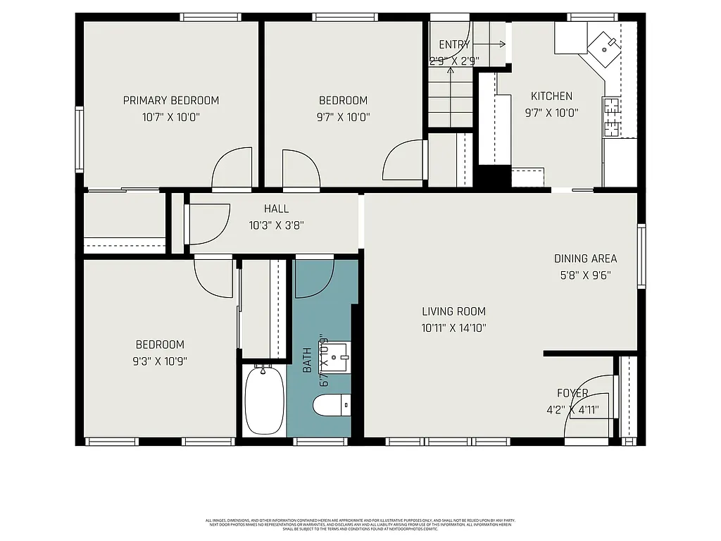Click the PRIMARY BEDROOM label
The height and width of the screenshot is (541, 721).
tap(171, 101)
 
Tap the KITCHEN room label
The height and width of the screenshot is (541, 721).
tap(551, 97)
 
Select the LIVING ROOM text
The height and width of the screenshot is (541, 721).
tap(453, 311)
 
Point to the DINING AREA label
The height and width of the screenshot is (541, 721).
tap(585, 259)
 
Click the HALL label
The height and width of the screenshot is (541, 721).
tap(276, 209)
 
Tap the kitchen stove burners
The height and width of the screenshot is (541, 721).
tap(610, 117)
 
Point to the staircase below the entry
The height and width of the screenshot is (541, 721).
tap(449, 99)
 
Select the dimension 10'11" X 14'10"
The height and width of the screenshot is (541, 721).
tap(453, 328)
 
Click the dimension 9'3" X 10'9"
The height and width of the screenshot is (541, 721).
tap(160, 361)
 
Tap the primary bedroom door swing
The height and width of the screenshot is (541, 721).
tap(232, 168)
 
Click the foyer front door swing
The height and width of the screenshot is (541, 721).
tap(591, 398)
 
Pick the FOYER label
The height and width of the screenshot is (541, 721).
tap(572, 393)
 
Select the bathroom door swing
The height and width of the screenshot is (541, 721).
tap(314, 279)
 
